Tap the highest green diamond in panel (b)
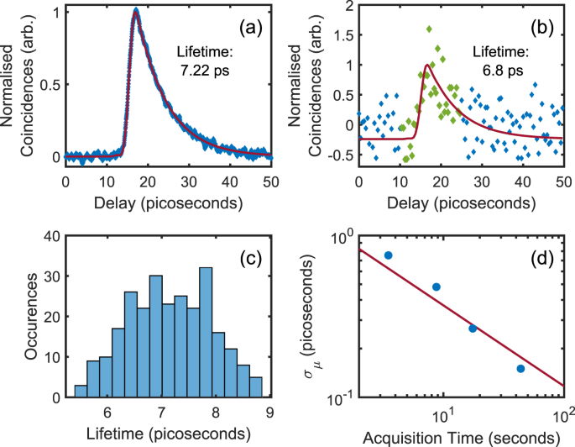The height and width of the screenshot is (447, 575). tap(430, 29)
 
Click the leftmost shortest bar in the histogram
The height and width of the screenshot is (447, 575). tap(81, 391)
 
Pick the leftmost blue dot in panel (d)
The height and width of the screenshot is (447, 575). tap(388, 255)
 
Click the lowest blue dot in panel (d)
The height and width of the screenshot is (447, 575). tap(520, 368)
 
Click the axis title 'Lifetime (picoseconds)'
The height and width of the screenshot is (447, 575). tap(169, 434)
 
